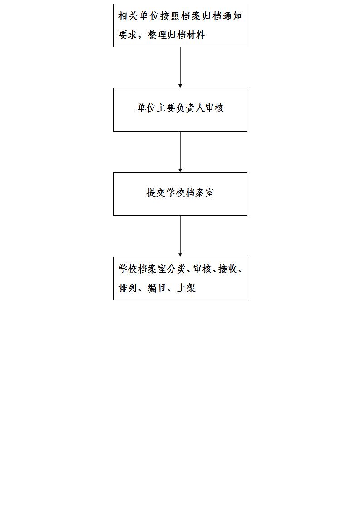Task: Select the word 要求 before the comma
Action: point(128,35)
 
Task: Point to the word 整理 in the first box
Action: point(157,35)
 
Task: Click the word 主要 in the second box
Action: point(166,108)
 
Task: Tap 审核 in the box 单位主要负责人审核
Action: point(214,108)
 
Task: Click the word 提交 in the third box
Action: point(156,192)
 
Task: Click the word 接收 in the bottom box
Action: point(228,269)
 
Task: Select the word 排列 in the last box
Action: point(128,288)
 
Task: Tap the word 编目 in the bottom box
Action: point(157,288)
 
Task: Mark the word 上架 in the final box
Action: point(186,288)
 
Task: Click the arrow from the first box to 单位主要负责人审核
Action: point(180,68)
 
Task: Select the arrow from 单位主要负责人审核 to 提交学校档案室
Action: point(180,152)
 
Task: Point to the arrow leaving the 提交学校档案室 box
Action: point(180,236)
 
